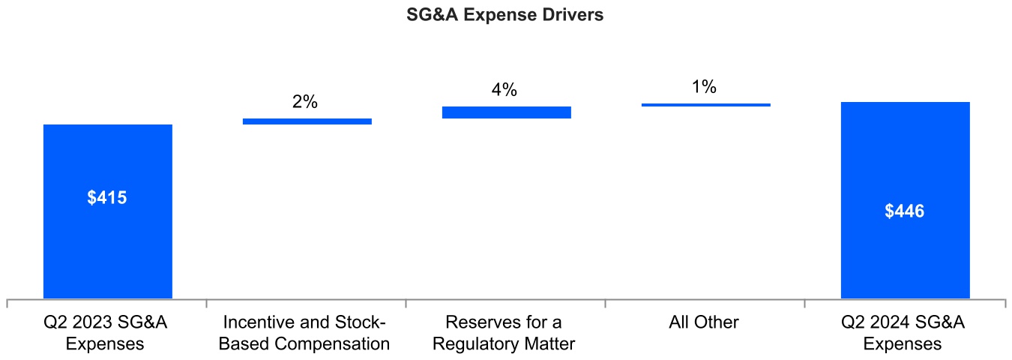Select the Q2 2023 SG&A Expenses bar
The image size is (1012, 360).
[x=108, y=247]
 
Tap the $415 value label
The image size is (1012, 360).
[x=107, y=198]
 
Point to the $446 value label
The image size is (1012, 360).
[x=905, y=211]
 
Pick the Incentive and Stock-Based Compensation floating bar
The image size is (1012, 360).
[x=307, y=121]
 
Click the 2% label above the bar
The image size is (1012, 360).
[x=305, y=102]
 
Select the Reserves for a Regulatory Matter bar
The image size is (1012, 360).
[x=507, y=112]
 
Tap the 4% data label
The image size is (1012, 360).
[x=505, y=90]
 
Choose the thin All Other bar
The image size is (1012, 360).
[x=706, y=105]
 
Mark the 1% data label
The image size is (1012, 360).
[x=704, y=87]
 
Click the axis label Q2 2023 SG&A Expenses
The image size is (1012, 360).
[x=105, y=333]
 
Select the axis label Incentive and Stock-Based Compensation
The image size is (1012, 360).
[x=305, y=333]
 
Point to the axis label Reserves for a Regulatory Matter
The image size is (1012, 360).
[x=504, y=333]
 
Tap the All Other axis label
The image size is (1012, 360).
[x=704, y=322]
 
